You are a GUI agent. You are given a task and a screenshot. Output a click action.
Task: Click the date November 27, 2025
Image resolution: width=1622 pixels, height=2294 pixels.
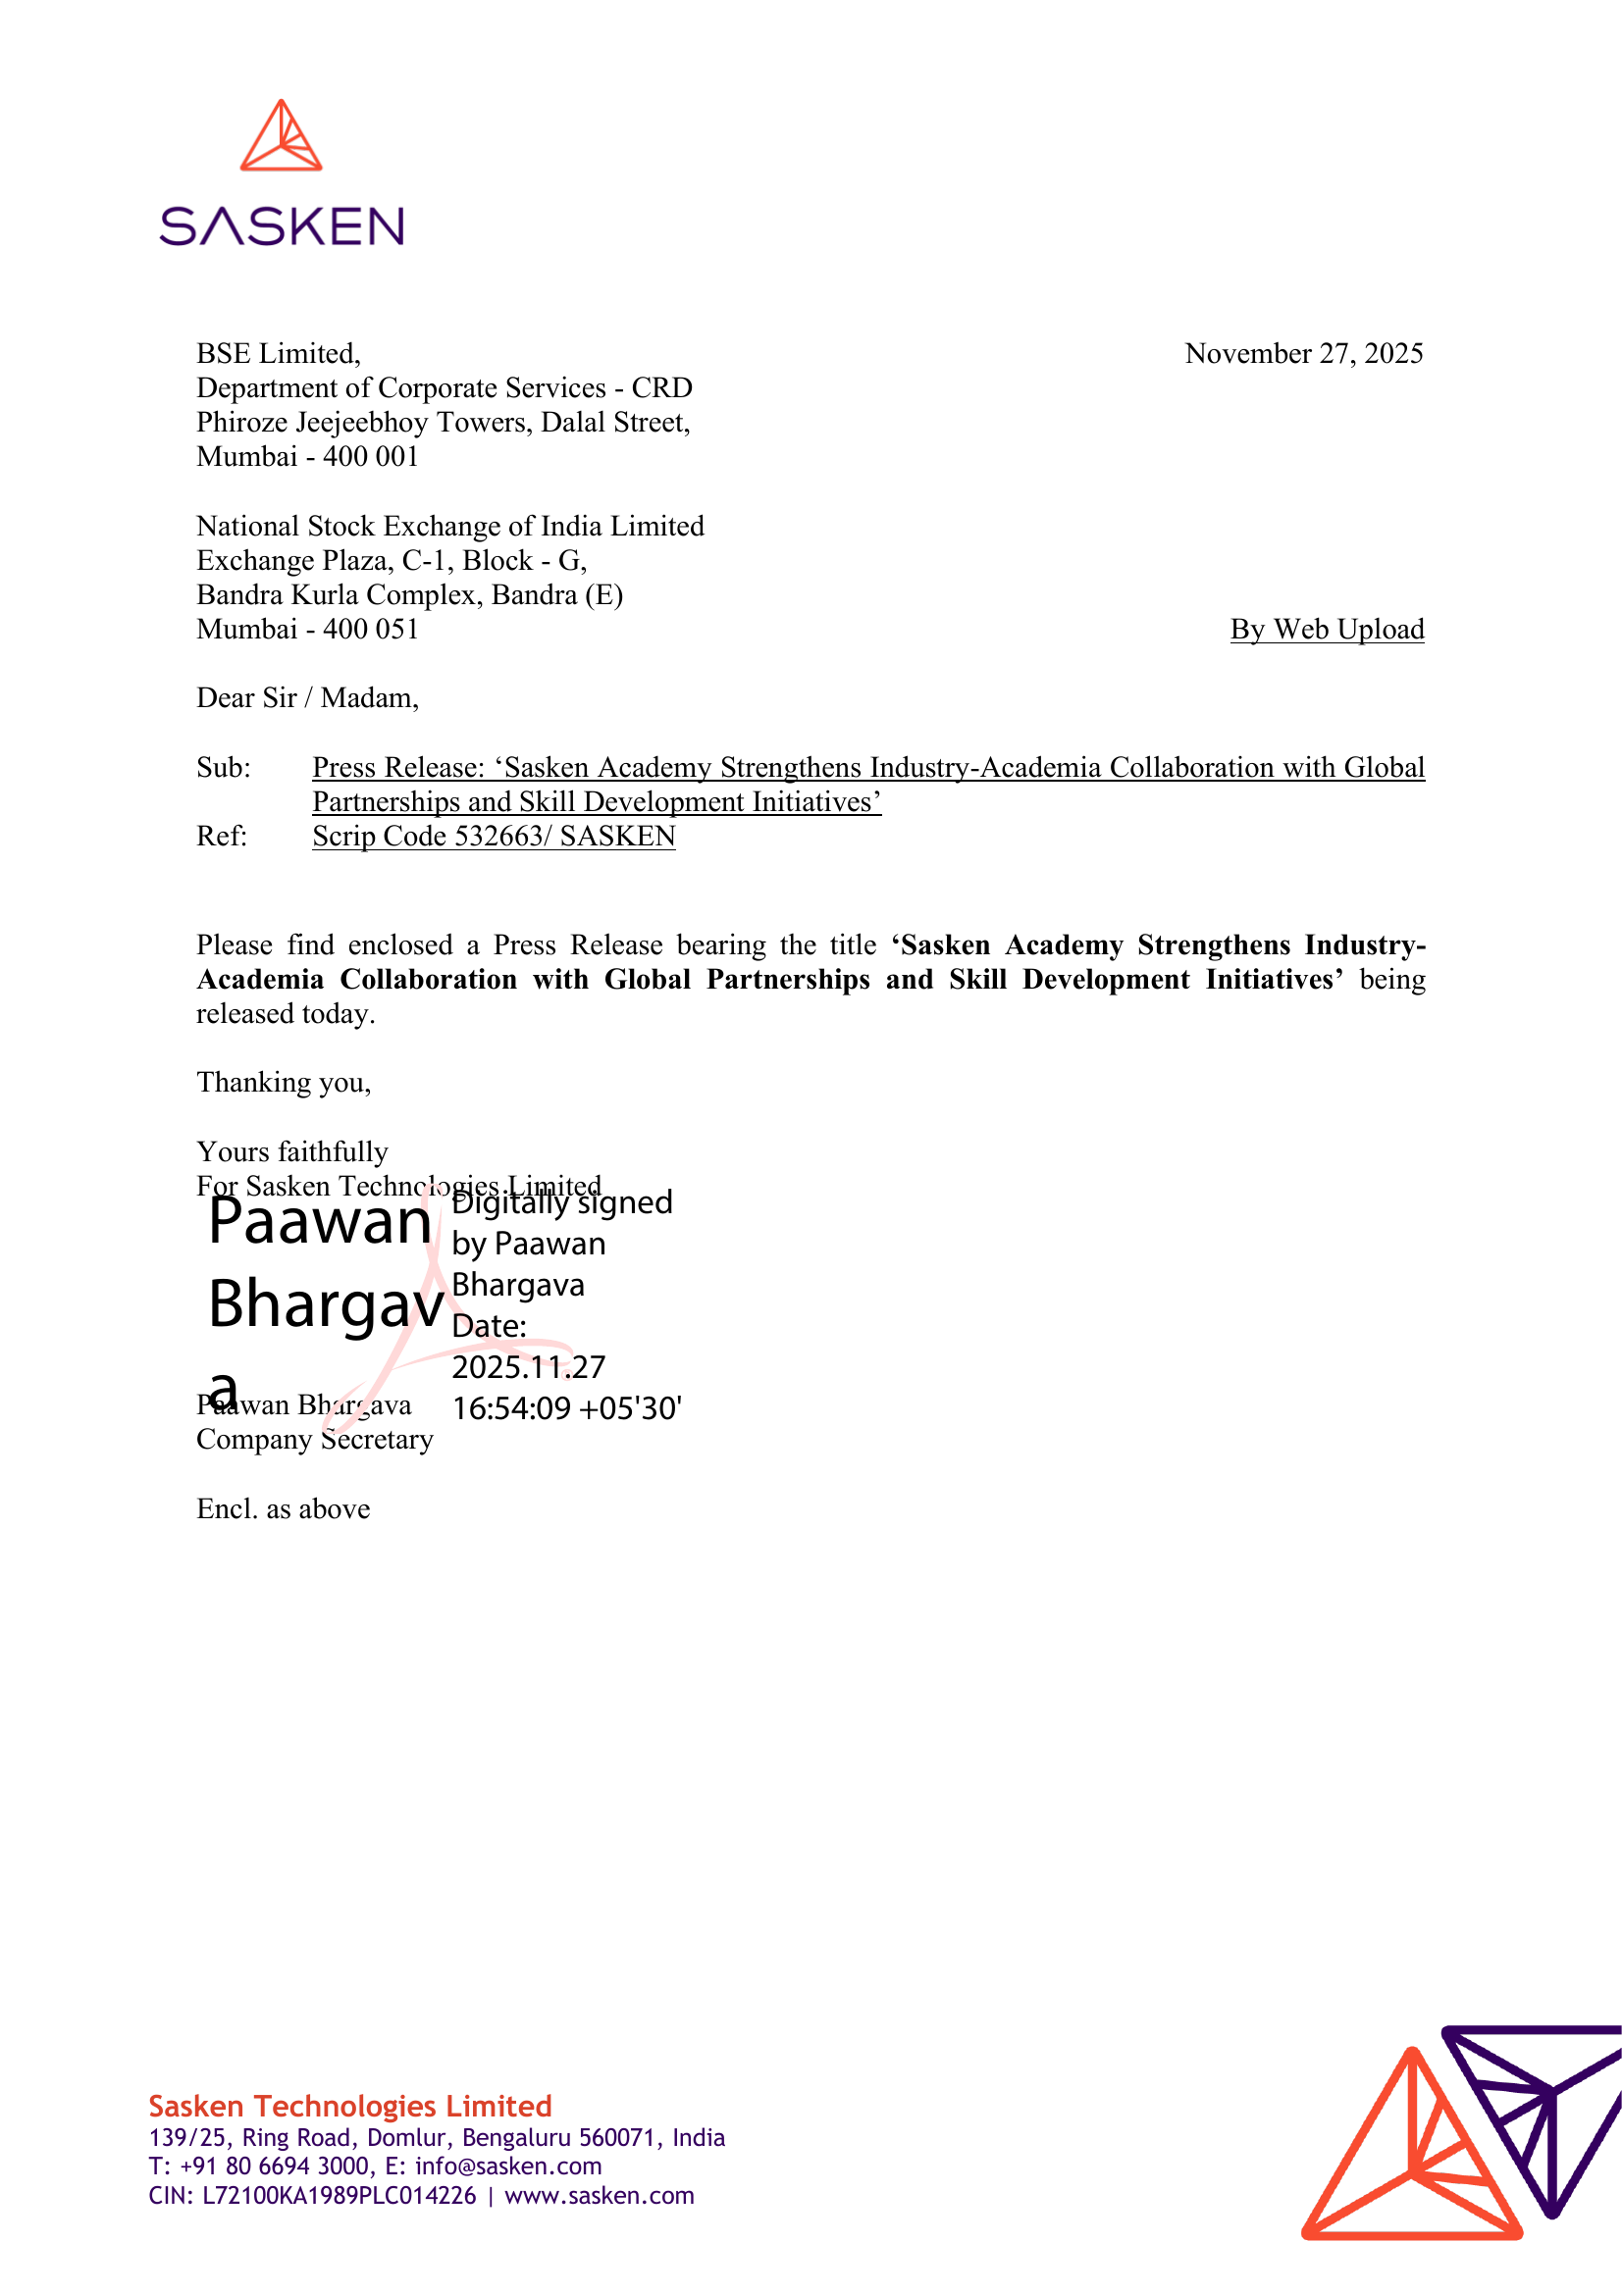pos(1303,354)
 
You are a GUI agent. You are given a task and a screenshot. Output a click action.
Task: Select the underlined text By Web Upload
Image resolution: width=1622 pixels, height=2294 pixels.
pos(1327,630)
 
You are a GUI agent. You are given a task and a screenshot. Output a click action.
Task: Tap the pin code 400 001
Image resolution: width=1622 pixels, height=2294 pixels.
pos(370,457)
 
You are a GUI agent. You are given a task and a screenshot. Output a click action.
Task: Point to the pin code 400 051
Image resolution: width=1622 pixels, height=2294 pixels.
pos(370,630)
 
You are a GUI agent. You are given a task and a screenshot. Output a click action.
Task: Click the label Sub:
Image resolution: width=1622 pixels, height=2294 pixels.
pos(223,767)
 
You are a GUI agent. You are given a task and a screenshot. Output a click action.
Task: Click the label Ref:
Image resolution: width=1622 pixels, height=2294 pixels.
pos(221,837)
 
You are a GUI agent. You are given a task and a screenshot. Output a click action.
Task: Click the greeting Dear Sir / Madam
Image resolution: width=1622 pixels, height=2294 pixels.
pos(307,698)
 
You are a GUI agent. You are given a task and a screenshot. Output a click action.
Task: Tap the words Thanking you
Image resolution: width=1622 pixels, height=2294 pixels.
pos(284,1083)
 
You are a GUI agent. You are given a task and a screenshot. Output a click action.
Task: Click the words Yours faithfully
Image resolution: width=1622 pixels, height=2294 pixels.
pos(291,1152)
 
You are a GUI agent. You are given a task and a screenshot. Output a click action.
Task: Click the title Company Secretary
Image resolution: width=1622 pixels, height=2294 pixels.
pos(315,1440)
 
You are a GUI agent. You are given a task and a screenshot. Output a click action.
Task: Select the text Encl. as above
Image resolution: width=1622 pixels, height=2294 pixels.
pos(283,1508)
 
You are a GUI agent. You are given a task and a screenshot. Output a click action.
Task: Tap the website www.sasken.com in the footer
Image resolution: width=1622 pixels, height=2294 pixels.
pos(599,2195)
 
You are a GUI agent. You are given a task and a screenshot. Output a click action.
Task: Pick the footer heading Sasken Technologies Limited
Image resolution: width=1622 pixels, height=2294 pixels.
pos(349,2106)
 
